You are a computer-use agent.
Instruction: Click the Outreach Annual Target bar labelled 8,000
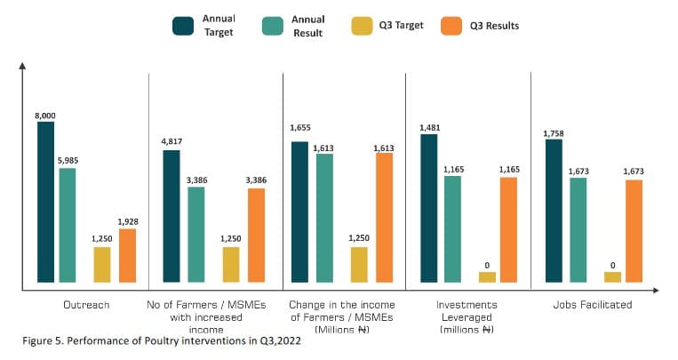click(46, 203)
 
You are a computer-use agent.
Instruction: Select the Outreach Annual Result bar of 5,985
click(68, 226)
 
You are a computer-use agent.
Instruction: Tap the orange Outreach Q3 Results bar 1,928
click(127, 256)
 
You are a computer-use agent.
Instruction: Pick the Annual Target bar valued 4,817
click(171, 217)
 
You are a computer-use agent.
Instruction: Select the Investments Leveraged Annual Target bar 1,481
click(430, 209)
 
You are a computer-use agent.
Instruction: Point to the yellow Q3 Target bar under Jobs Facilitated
click(612, 277)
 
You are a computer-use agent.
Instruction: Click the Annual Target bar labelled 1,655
click(300, 212)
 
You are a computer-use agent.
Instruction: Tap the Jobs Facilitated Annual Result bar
click(578, 230)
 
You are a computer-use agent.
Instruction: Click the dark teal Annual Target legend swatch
click(183, 26)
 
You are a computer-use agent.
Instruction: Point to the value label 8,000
click(46, 116)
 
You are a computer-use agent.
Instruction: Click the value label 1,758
click(554, 133)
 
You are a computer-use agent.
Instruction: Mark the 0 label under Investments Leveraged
click(487, 266)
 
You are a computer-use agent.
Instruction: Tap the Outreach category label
click(86, 305)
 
